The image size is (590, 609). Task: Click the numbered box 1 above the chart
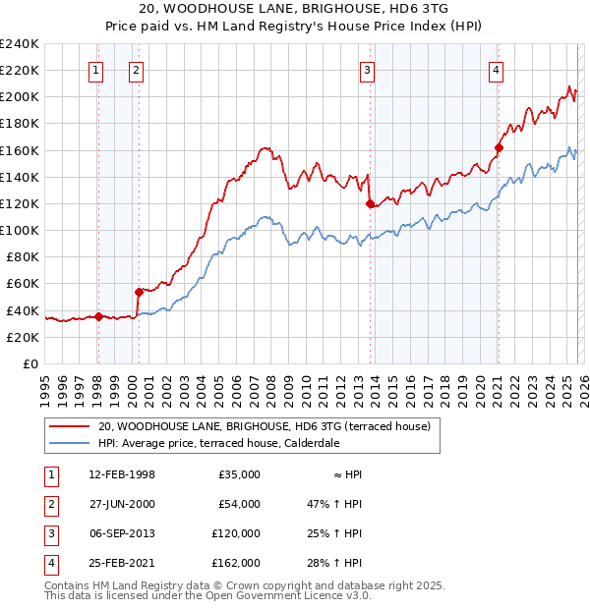[x=96, y=70]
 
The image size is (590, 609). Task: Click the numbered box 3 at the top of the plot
[x=367, y=70]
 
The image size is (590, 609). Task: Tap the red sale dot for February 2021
[x=499, y=148]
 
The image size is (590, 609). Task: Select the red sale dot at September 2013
[x=371, y=204]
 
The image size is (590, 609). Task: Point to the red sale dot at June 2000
[x=139, y=292]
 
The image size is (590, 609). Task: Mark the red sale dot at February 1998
[x=98, y=316]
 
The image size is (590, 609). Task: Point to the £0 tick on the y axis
[x=29, y=363]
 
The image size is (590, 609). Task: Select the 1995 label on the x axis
[x=44, y=385]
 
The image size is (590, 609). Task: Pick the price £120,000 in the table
[x=236, y=533]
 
